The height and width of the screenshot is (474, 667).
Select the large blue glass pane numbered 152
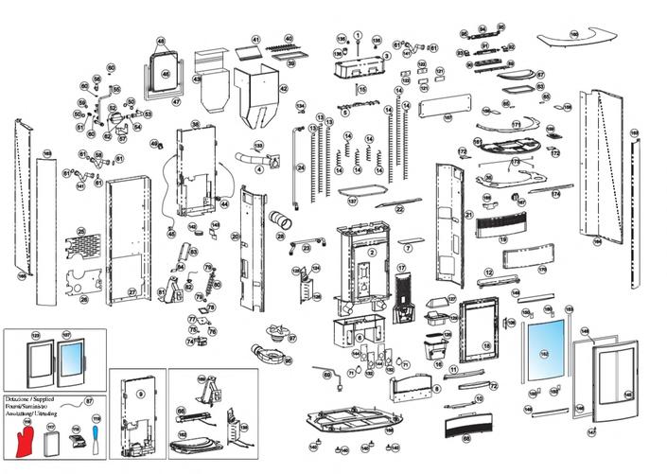coord(544,350)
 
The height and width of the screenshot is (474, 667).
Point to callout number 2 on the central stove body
coord(372,253)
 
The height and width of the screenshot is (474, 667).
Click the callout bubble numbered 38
coord(194,125)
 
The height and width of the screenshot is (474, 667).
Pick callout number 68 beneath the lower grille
coord(465,437)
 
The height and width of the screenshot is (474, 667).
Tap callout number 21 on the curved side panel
coord(468,216)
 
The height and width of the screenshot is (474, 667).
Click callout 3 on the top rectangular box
coord(385,56)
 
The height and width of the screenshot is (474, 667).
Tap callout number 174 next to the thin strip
coord(556,194)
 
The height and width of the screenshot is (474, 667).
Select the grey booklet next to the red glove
coord(53,441)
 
